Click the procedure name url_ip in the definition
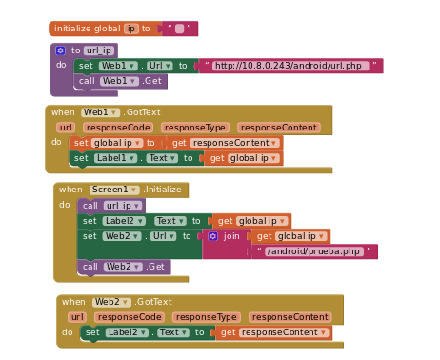(x=99, y=50)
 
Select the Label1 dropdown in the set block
(x=115, y=158)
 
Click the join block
(x=230, y=236)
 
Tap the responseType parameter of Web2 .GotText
(x=206, y=317)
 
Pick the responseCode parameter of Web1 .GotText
(x=117, y=128)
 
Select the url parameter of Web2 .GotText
(x=76, y=317)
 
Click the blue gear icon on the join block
(x=213, y=236)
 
